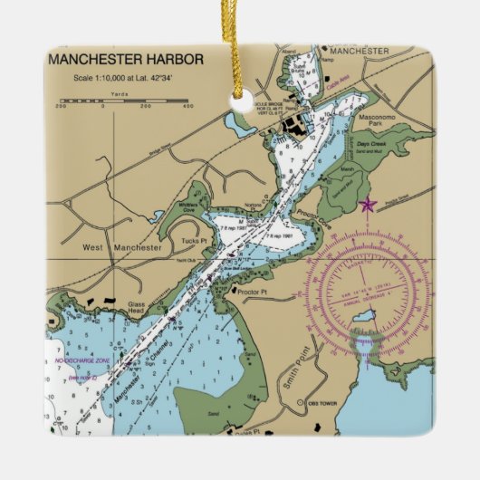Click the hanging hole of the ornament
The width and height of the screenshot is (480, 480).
pos(242,104)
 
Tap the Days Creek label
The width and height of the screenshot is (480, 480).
pos(370,145)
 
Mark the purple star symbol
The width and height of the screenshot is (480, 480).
pos(367,205)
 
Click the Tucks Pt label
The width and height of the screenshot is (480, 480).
pos(189,240)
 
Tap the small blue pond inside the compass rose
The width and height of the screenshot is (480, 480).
pos(363,316)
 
